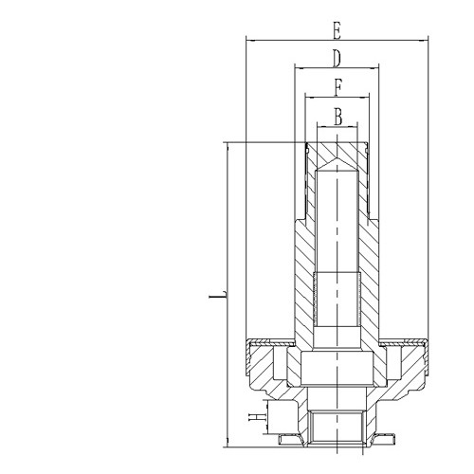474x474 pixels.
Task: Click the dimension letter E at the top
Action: click(336, 26)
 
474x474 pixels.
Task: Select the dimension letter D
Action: click(337, 58)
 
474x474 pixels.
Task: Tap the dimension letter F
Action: click(337, 87)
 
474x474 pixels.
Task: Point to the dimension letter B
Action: click(337, 117)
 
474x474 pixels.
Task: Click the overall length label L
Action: click(216, 297)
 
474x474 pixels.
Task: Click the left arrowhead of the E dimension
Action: click(248, 40)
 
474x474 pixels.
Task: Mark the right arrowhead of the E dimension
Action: click(423, 40)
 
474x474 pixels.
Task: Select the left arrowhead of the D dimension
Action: click(298, 68)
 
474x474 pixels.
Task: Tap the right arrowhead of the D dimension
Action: click(376, 68)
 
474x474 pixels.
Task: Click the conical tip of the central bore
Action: click(337, 167)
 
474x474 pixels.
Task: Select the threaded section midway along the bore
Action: click(337, 294)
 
